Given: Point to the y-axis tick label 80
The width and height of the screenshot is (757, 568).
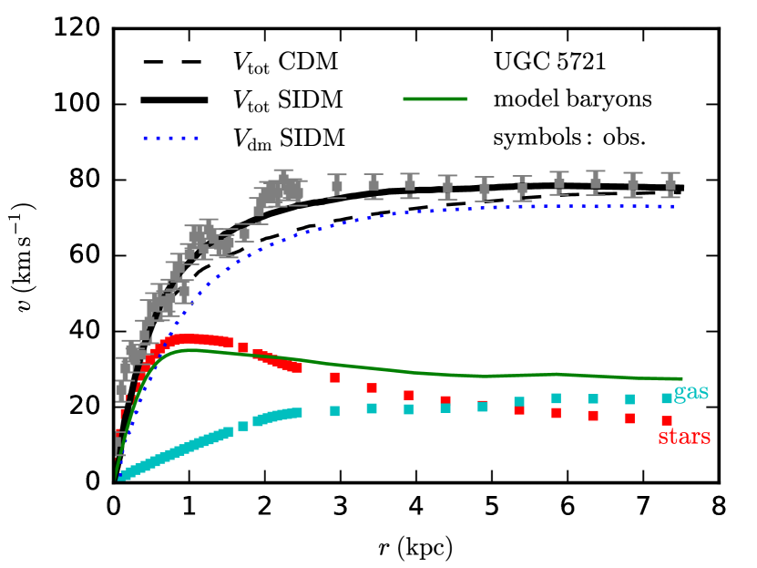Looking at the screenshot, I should [82, 180].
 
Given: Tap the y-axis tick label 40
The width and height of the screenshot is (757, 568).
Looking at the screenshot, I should [82, 331].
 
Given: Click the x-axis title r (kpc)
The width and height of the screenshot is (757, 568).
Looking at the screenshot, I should [415, 547].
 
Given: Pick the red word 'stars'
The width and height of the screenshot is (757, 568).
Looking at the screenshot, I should [683, 439].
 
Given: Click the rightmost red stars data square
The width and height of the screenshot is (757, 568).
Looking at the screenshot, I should [667, 420].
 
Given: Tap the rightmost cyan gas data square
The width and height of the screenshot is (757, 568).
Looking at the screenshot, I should [667, 398].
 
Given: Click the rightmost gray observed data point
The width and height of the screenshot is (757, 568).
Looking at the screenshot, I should [670, 185].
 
